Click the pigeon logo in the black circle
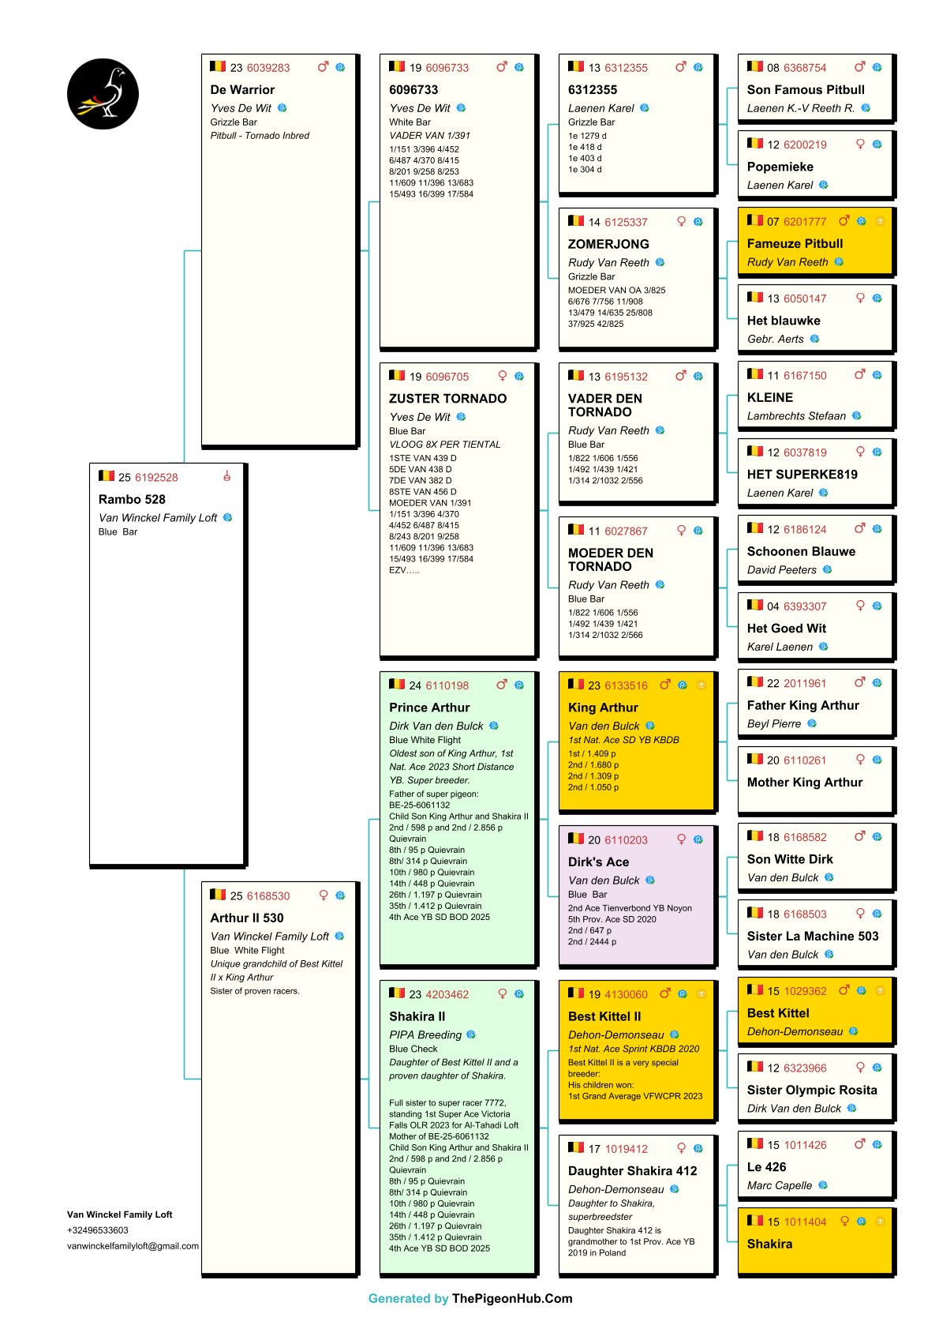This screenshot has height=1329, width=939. (103, 93)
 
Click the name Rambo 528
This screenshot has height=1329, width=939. (132, 499)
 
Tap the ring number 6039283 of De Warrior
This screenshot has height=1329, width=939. (268, 68)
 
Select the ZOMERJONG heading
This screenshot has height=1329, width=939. (608, 244)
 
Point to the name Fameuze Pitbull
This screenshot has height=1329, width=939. (795, 243)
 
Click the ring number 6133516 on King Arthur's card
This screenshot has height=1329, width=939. (626, 685)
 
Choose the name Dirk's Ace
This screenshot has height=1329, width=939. (598, 862)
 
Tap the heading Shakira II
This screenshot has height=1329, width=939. (417, 1016)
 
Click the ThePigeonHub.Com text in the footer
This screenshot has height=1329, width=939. (512, 1298)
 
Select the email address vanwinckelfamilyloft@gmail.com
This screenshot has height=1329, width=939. (133, 1246)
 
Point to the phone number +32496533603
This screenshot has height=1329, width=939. (98, 1230)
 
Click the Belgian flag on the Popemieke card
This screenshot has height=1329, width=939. (755, 144)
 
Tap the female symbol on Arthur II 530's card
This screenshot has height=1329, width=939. (324, 895)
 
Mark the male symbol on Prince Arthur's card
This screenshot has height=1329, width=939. (501, 685)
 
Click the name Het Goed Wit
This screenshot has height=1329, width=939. (786, 628)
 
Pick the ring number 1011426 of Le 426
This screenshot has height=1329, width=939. (805, 1145)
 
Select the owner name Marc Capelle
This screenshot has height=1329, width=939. (780, 1185)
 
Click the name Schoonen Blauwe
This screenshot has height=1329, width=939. (801, 551)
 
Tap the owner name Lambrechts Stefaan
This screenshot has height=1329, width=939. (796, 415)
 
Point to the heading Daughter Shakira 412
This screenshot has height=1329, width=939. (632, 1170)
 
